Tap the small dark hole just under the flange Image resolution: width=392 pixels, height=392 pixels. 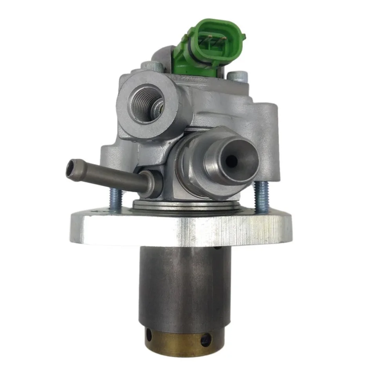point(216,248)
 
